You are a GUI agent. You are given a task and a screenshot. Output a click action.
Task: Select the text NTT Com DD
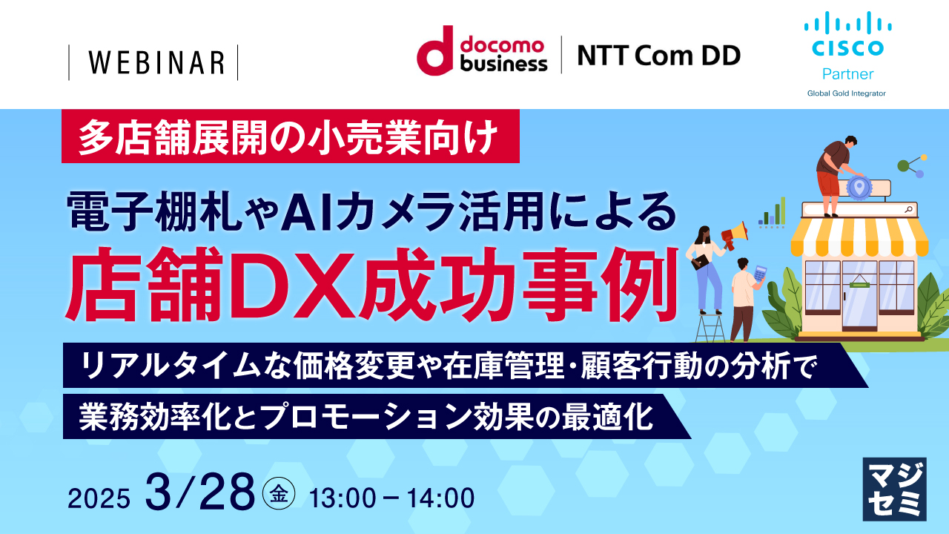click(658, 55)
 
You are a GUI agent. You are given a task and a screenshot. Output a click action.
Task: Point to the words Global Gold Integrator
click(847, 93)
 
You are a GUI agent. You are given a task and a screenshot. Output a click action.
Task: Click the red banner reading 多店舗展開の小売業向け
click(290, 137)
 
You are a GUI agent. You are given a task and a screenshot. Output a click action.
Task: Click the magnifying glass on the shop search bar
click(908, 210)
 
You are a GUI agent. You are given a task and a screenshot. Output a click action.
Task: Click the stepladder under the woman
click(710, 327)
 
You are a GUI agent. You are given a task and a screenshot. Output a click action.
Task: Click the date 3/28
click(200, 491)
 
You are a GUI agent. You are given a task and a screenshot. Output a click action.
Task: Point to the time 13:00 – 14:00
click(392, 498)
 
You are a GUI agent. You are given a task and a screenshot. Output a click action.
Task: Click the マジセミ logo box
click(895, 488)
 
